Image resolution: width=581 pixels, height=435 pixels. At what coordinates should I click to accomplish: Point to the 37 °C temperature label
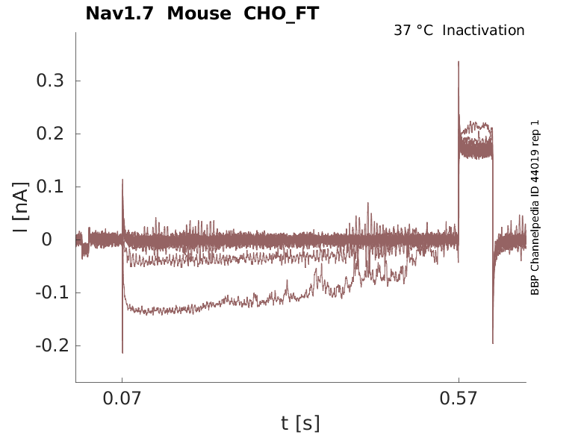[413, 31]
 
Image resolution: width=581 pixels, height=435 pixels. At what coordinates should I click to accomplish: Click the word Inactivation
[483, 31]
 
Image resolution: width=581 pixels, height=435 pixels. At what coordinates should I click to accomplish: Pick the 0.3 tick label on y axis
[49, 81]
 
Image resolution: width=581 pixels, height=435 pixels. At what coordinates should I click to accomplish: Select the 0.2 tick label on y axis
[49, 134]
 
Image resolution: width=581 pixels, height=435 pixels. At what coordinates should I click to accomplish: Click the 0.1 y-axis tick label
[49, 187]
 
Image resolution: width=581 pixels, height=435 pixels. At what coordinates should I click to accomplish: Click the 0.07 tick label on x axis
[122, 398]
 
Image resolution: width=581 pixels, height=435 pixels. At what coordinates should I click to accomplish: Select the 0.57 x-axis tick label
[459, 398]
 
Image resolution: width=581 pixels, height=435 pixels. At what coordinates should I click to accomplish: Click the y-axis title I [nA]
[22, 207]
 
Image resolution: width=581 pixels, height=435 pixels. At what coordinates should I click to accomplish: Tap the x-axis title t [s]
[300, 424]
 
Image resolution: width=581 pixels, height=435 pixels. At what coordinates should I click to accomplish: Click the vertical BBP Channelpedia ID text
[535, 207]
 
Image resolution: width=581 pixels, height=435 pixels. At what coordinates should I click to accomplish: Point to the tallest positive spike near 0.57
[459, 62]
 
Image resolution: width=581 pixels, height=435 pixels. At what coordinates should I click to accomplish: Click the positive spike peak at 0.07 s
[122, 180]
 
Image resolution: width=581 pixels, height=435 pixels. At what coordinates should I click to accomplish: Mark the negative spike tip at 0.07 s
[122, 352]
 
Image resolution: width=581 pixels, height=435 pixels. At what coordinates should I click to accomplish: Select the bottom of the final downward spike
[493, 342]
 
